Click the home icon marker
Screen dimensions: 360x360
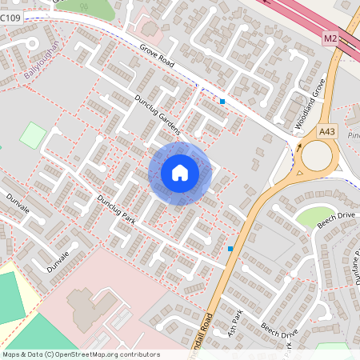pyautogui.click(x=180, y=173)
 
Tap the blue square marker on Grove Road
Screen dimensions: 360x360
pyautogui.click(x=222, y=102)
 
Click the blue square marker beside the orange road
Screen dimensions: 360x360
pyautogui.click(x=230, y=249)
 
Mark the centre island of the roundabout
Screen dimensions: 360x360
pyautogui.click(x=316, y=155)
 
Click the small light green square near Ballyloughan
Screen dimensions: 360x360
pyautogui.click(x=33, y=134)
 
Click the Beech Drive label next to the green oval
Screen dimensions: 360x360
pyautogui.click(x=334, y=221)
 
